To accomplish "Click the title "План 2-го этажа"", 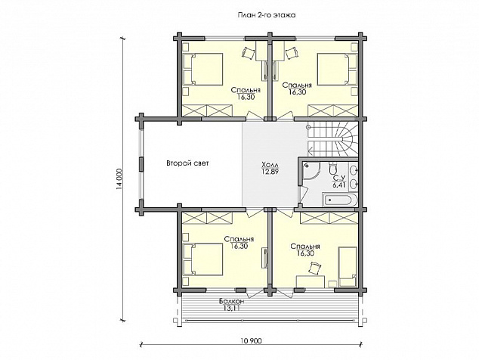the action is (x=267, y=15).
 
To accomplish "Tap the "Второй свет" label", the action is (x=187, y=163).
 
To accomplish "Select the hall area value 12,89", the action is (x=270, y=172).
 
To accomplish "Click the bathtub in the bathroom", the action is (x=339, y=200).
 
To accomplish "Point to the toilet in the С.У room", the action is (x=332, y=167).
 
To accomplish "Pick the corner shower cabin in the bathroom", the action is (x=311, y=172).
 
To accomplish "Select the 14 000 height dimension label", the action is (x=119, y=179).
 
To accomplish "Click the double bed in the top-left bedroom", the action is (x=203, y=70).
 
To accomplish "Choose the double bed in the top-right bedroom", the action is (x=337, y=70).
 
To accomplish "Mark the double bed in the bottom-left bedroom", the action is (x=203, y=259).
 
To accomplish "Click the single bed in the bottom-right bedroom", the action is (x=348, y=267).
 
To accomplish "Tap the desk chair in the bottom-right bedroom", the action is (x=315, y=268).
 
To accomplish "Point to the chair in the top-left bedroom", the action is (x=248, y=53).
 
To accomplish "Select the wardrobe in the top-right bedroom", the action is (x=332, y=110).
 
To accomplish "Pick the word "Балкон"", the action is (x=232, y=302).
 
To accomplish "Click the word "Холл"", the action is (x=270, y=165).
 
